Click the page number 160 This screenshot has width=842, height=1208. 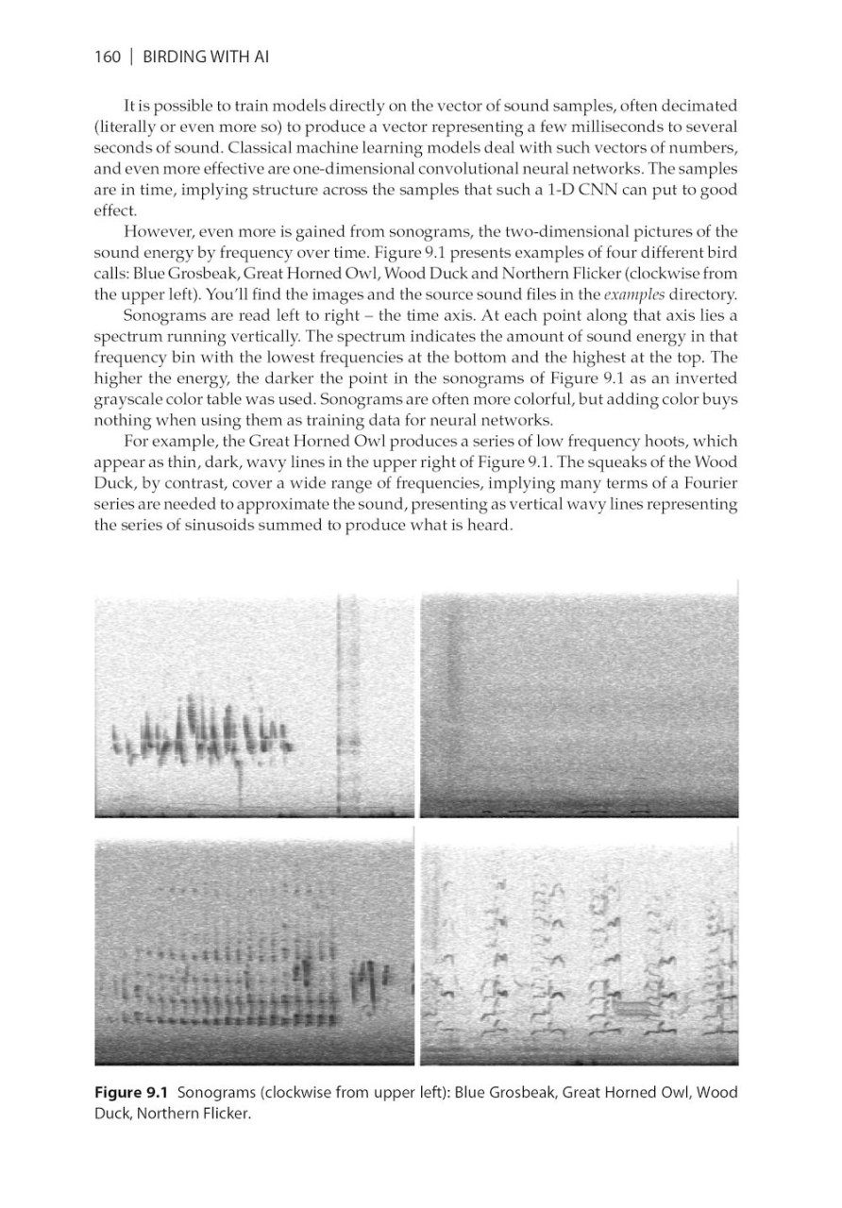click(108, 58)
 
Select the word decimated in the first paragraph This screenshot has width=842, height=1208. click(694, 104)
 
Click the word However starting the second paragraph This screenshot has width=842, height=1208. click(160, 233)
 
